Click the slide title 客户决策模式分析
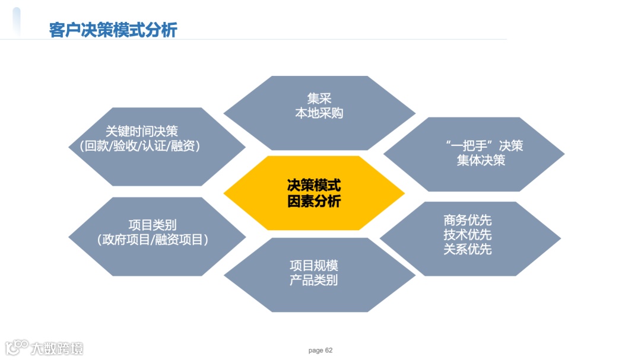pos(113,30)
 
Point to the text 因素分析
pos(314,201)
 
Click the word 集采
pos(319,98)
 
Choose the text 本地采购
pos(319,113)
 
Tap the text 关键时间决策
pos(142,131)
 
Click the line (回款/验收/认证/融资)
pos(140,146)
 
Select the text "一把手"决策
pos(483,145)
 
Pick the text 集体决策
pos(481,160)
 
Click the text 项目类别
pos(153,225)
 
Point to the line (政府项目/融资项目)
pos(153,240)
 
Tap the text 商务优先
pos(468,221)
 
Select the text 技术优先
pos(468,235)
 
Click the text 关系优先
pos(468,249)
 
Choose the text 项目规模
pos(313,265)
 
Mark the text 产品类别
pos(313,280)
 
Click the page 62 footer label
pos(320,351)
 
